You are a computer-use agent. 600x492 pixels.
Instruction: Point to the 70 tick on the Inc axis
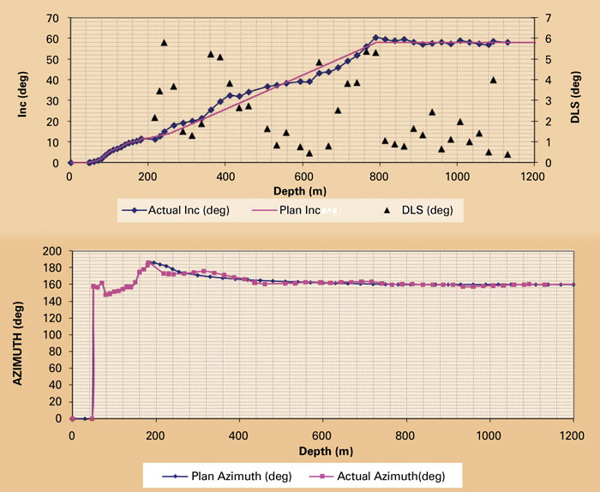point(52,18)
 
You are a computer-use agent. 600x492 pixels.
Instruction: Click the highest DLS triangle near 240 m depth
point(164,42)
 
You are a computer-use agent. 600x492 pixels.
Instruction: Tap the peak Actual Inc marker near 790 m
point(375,38)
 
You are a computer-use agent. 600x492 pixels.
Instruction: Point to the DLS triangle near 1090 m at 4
point(493,80)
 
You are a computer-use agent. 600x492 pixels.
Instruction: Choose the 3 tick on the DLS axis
point(547,100)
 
